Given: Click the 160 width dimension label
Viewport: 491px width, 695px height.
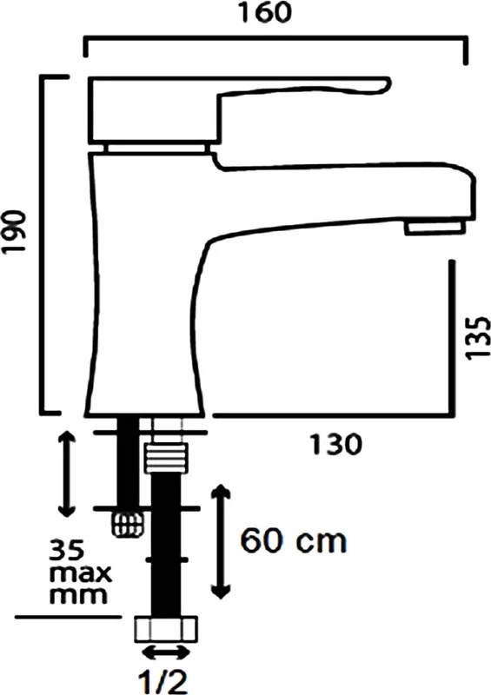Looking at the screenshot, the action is pyautogui.click(x=265, y=12).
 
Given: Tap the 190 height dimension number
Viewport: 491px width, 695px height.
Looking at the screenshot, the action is pyautogui.click(x=14, y=231).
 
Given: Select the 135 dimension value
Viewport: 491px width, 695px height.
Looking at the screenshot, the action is pyautogui.click(x=478, y=338).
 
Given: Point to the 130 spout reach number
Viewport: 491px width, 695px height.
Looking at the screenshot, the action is pyautogui.click(x=335, y=445).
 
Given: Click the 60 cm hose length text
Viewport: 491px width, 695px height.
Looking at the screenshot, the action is pyautogui.click(x=293, y=540).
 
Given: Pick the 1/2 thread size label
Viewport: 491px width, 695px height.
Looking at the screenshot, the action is pyautogui.click(x=163, y=682).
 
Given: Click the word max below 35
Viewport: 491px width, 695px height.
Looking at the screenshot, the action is pyautogui.click(x=80, y=573).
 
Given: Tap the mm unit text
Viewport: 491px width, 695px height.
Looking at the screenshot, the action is pyautogui.click(x=78, y=595).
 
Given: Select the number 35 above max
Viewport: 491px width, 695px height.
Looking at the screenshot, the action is pyautogui.click(x=66, y=550).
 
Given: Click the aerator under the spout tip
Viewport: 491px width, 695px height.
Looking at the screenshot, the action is pyautogui.click(x=435, y=228).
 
